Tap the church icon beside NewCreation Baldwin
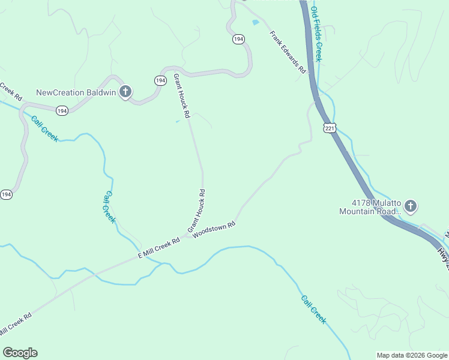pos(125,92)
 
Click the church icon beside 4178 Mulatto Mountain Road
pos(411,207)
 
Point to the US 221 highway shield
pos(330,128)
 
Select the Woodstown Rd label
pos(214,229)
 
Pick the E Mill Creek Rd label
pos(158,248)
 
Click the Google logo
pos(20,353)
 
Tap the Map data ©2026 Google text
pos(412,355)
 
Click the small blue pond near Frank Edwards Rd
pos(256,23)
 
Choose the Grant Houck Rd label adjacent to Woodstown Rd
pos(197,211)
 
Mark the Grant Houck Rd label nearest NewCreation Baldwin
pos(182,95)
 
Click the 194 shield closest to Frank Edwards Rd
pos(238,39)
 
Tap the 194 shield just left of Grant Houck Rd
pos(160,80)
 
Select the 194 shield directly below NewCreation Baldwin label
pos(62,111)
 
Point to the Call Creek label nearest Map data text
pos(313,310)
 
